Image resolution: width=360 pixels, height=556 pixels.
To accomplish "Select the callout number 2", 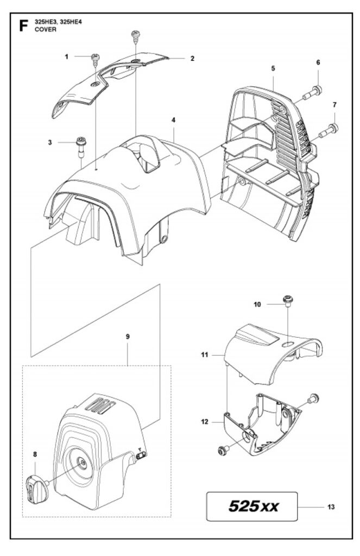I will tap(192, 58).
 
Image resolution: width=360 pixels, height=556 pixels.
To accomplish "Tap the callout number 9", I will tap(128, 337).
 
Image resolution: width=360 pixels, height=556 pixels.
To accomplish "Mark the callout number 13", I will tap(331, 507).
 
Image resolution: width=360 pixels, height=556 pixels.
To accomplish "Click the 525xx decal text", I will tap(254, 507).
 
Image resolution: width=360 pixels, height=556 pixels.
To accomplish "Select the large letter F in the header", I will tap(23, 26).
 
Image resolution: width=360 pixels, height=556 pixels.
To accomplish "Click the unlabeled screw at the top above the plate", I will tap(134, 37).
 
